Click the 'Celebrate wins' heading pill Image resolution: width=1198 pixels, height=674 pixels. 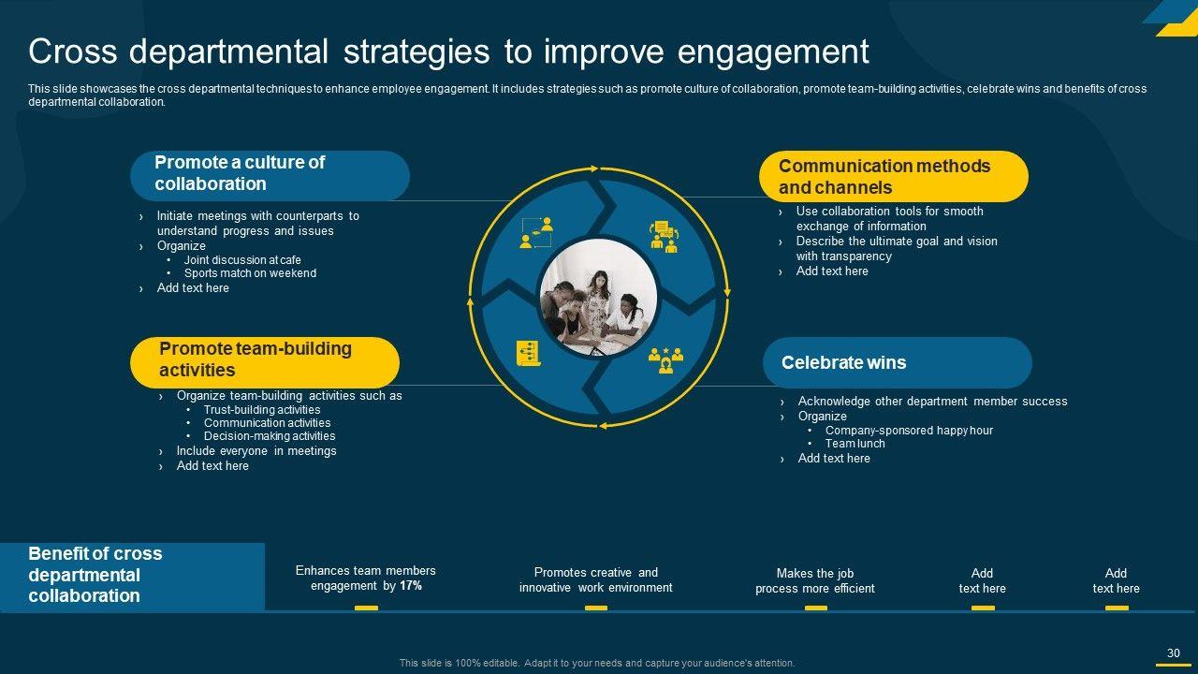coord(897,362)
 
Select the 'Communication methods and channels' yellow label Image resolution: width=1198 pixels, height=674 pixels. coord(894,177)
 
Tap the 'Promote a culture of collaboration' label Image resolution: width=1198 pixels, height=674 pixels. coord(270,176)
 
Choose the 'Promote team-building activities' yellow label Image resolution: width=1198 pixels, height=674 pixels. coord(265,362)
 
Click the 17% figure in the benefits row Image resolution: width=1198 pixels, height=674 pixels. coord(411,586)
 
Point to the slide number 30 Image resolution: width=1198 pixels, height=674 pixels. coord(1174,653)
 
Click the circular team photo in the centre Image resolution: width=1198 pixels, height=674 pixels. coord(598,297)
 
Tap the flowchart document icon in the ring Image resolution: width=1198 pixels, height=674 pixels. coord(529,353)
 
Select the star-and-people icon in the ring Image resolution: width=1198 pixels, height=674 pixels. coord(665,360)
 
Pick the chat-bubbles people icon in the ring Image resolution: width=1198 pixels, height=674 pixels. coord(665,237)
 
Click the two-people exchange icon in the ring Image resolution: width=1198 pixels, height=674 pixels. coord(536,233)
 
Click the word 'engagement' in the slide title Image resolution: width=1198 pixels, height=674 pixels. coord(773,52)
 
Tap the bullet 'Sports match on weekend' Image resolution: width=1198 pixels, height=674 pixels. coord(250,273)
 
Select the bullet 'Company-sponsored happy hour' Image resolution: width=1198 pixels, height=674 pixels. coord(909,431)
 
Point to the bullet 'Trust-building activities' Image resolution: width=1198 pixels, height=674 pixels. coord(262,410)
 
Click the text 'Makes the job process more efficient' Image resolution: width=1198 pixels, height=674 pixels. coord(815,581)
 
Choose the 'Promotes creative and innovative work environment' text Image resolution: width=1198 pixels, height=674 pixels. coord(596,579)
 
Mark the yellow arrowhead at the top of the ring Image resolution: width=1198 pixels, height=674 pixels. coord(593,168)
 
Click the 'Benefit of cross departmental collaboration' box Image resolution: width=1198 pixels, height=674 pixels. coord(132,577)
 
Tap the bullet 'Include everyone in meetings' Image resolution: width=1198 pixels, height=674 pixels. coord(256,451)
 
